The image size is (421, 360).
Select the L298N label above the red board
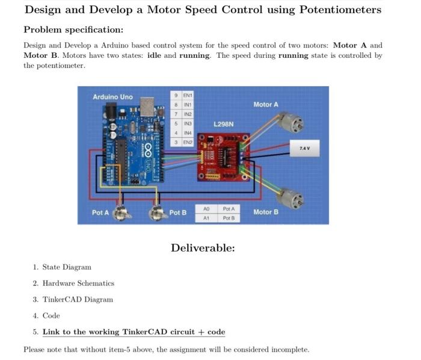tap(223, 124)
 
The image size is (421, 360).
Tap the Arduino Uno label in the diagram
tap(112, 97)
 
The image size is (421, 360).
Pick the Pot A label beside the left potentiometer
tap(100, 213)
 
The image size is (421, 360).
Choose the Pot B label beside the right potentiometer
tap(177, 213)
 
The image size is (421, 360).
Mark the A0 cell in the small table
tap(206, 208)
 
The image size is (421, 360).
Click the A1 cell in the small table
tap(206, 218)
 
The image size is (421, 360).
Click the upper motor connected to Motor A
tap(293, 123)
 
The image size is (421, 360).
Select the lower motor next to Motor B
tap(293, 197)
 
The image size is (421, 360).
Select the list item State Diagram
tap(67, 267)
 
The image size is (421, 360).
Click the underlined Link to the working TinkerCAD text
tap(134, 332)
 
